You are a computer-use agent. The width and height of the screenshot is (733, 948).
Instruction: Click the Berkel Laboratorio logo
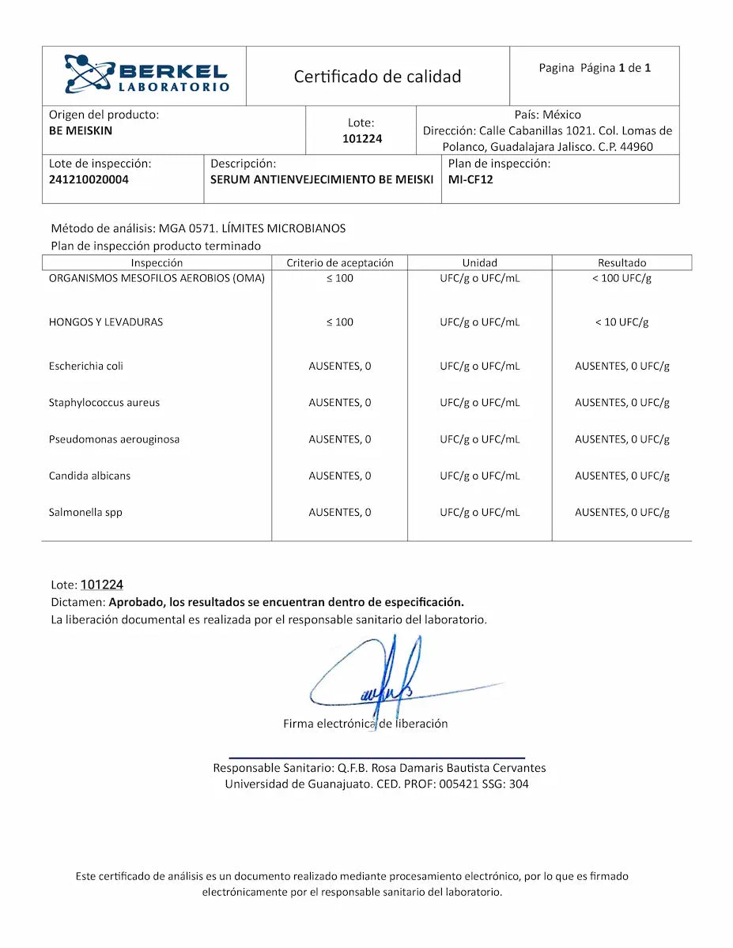pos(147,75)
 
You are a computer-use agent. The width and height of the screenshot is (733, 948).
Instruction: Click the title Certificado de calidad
pos(377,77)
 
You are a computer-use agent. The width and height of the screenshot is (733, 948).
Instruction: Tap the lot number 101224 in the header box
pos(362,139)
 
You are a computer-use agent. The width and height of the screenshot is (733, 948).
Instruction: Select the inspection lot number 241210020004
pos(89,179)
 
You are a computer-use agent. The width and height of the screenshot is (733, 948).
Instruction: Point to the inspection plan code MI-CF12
pos(470,179)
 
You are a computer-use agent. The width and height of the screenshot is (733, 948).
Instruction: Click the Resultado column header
pos(622,262)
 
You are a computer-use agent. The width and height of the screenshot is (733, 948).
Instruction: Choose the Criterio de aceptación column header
pos(340,262)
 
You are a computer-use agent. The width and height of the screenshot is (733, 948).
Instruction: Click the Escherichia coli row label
pos(86,366)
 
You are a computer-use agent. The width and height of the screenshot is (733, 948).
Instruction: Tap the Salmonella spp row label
pos(85,512)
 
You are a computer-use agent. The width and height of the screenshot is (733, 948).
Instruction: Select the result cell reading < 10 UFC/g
pos(622,322)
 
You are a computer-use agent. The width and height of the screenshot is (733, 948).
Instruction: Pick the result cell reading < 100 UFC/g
pos(622,278)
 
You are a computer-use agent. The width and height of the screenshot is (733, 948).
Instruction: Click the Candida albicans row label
pos(89,476)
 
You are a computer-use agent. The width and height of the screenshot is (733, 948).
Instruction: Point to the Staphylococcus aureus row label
pos(104,402)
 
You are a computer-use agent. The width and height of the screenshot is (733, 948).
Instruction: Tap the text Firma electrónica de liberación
pos(365,724)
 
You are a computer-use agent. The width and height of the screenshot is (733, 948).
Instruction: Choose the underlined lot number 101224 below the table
pos(102,585)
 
